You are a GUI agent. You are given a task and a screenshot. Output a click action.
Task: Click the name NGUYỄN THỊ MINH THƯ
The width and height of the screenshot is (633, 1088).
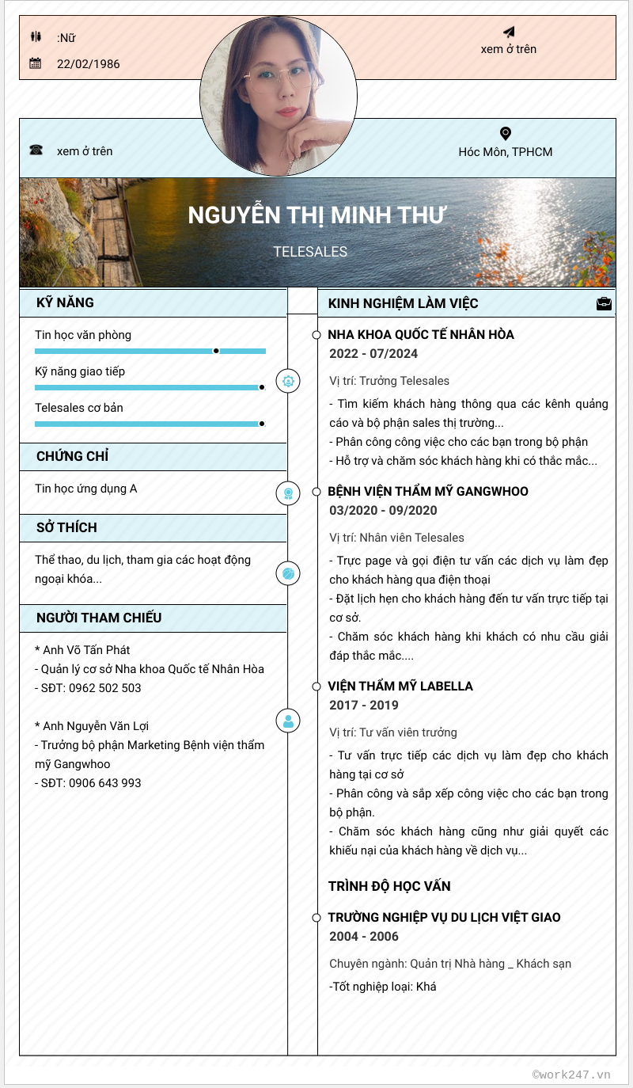[316, 215]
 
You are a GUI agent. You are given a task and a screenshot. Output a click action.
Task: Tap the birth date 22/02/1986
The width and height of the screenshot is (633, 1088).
[89, 64]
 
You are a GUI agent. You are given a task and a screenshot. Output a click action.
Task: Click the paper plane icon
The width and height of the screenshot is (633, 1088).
[509, 32]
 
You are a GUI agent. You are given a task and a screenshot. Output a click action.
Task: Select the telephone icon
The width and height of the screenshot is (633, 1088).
[36, 150]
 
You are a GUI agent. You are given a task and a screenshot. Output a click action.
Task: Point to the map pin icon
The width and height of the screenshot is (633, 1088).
[506, 134]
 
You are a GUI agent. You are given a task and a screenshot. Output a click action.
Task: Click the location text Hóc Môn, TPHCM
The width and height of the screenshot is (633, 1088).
[506, 152]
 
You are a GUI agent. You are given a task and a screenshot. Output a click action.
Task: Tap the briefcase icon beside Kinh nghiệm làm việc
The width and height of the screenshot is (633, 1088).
[604, 303]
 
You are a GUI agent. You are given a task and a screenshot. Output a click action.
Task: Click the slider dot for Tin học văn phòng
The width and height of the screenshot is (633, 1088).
[216, 350]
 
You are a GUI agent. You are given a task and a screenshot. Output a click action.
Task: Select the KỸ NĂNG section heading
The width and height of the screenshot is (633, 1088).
[65, 302]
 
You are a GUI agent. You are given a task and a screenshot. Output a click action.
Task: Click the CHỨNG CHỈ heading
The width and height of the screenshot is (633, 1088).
[72, 456]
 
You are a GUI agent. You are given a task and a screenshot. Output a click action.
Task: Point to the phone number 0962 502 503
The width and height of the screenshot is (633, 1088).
[105, 688]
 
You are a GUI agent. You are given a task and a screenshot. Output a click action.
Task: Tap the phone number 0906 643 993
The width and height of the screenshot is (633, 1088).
[105, 783]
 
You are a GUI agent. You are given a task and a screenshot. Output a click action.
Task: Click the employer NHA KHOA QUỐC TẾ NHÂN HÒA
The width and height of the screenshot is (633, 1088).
[421, 335]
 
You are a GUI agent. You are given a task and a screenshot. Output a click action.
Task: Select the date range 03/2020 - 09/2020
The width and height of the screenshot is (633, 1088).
[383, 511]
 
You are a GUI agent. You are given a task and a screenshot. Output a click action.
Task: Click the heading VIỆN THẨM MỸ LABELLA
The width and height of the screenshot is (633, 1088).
[400, 687]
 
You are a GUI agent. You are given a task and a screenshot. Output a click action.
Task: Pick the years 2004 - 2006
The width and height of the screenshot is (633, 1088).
[364, 937]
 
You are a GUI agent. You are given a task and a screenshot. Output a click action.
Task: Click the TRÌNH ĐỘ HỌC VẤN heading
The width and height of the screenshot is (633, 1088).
[389, 886]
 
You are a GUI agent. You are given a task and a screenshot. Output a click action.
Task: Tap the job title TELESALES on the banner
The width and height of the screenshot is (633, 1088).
[310, 252]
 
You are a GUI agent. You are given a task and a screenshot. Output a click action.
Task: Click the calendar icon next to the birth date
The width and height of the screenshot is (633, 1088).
[35, 63]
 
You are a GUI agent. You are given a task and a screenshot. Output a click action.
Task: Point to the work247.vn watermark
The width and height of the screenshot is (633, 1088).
[571, 1075]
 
